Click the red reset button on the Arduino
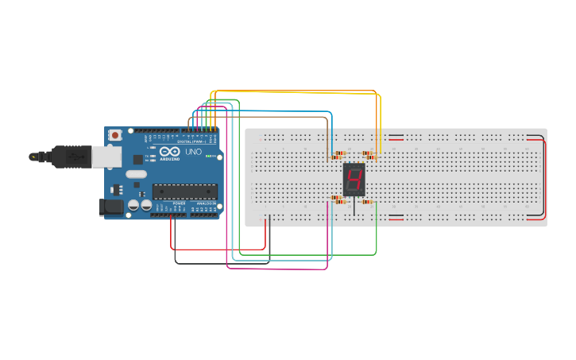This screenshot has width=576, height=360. [116, 136]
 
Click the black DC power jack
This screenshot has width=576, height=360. [111, 207]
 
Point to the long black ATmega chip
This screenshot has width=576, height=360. [184, 192]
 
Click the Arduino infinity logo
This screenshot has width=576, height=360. [170, 151]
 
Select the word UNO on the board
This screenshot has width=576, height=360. [193, 151]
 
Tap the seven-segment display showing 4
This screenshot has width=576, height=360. [354, 179]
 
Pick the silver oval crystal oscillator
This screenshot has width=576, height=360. [136, 174]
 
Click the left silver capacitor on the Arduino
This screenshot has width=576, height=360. [133, 205]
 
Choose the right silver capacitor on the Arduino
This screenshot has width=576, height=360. [146, 205]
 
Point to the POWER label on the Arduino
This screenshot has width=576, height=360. [179, 203]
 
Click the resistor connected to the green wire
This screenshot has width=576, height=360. [367, 202]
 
